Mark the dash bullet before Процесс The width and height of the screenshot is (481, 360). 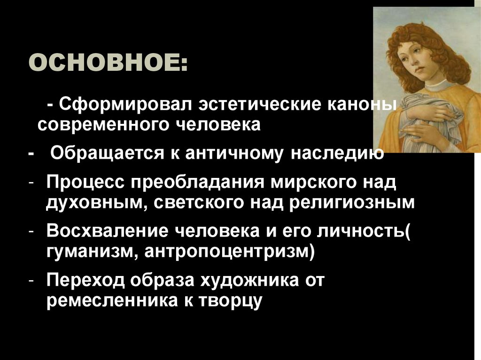[x=30, y=182]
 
